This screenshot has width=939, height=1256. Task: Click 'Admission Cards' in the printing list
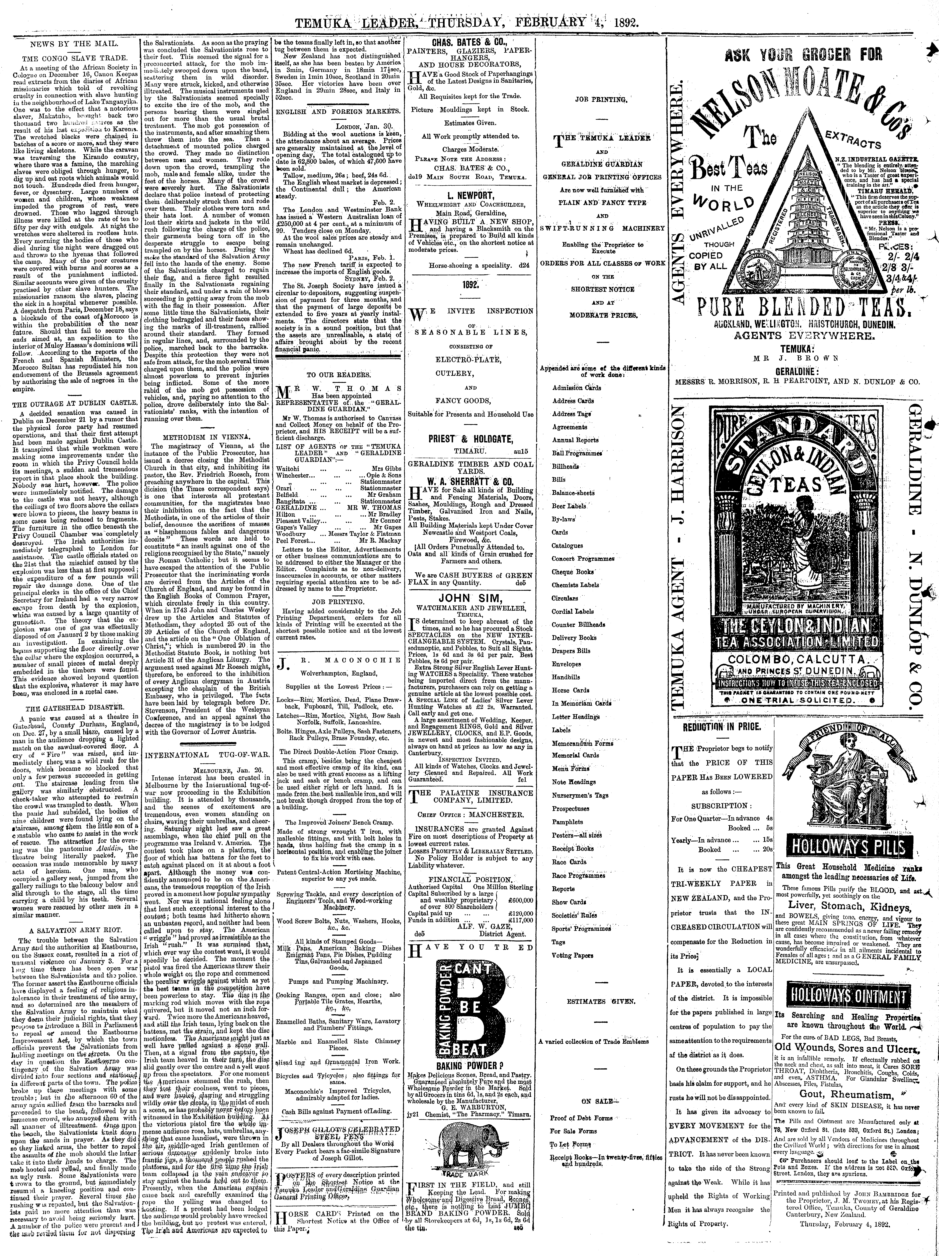click(576, 388)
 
